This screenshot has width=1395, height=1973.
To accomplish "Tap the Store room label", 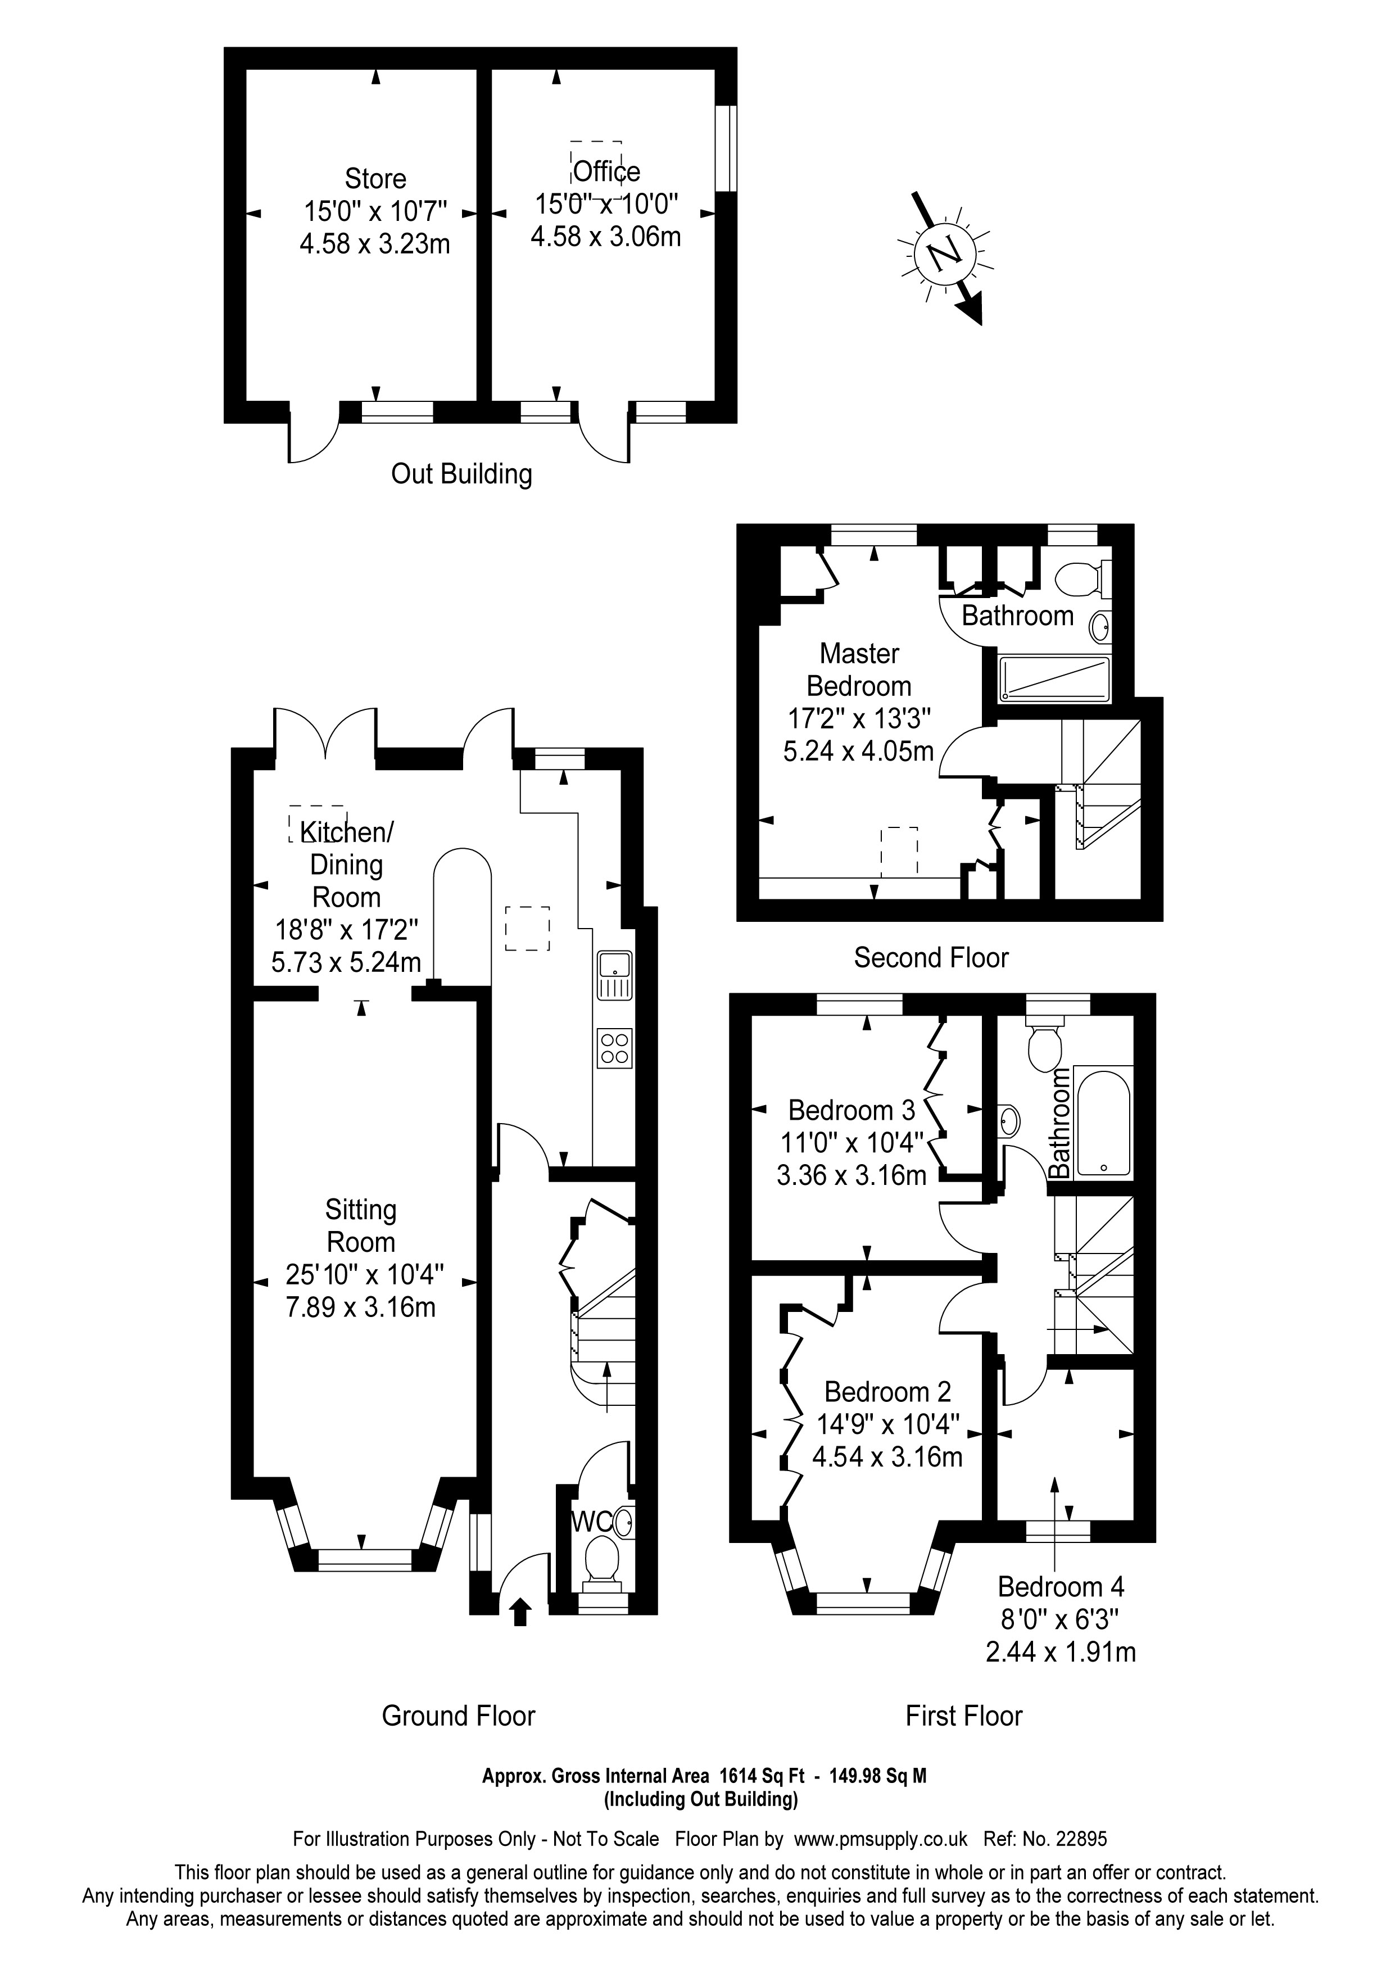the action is [x=375, y=179].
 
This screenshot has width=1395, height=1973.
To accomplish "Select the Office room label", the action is [x=606, y=172].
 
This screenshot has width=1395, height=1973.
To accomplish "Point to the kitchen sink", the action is [x=615, y=975].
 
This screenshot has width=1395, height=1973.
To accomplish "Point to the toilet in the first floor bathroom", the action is [x=1044, y=1044].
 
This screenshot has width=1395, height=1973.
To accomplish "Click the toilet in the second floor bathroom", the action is [x=1079, y=578].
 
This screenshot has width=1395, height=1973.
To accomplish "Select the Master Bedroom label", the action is [x=859, y=669].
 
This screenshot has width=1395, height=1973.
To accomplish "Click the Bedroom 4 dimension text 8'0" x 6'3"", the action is [x=1060, y=1620].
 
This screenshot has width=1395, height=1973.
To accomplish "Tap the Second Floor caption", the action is [x=931, y=957].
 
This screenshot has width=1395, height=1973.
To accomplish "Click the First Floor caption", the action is [x=964, y=1716].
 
